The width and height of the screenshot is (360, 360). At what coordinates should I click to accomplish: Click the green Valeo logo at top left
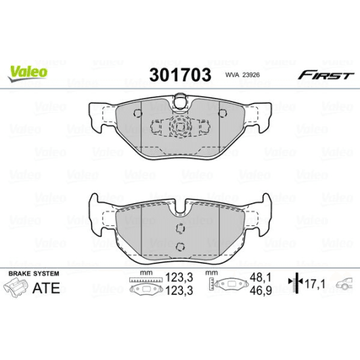point(28,70)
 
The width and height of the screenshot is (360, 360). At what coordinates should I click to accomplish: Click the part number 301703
point(179,73)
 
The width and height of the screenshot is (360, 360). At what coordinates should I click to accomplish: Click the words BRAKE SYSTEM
point(33,273)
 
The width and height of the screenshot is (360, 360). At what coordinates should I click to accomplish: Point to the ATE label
point(47,288)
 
